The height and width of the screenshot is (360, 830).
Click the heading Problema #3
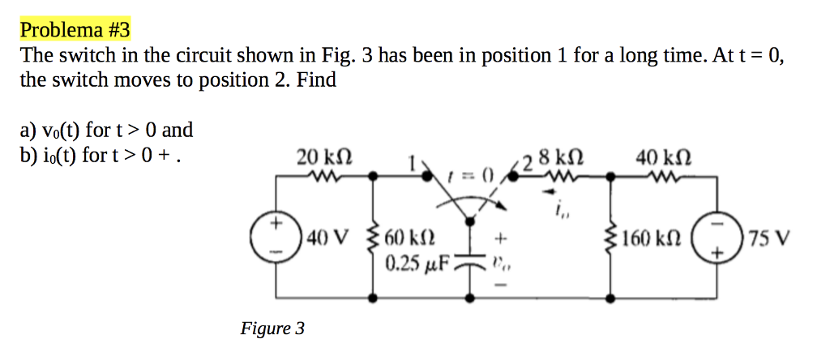[x=75, y=31]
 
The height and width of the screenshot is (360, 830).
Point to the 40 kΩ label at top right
[x=658, y=156]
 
